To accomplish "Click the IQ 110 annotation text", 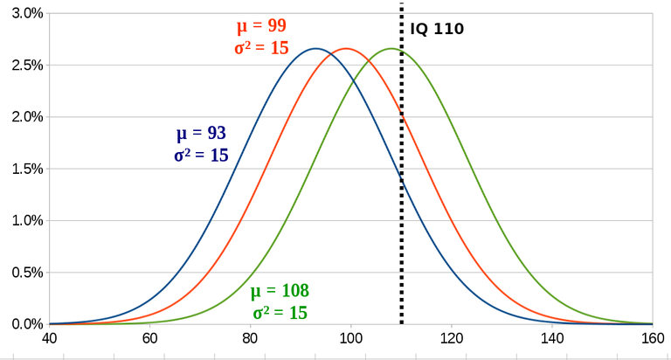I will click(437, 29).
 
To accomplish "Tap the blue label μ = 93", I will click(201, 135).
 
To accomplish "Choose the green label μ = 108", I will click(280, 291).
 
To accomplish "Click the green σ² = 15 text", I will click(280, 312).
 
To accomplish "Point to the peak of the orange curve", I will click(346, 48).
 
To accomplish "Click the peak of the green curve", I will click(391, 48).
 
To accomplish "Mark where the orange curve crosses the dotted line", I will click(402, 114).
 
